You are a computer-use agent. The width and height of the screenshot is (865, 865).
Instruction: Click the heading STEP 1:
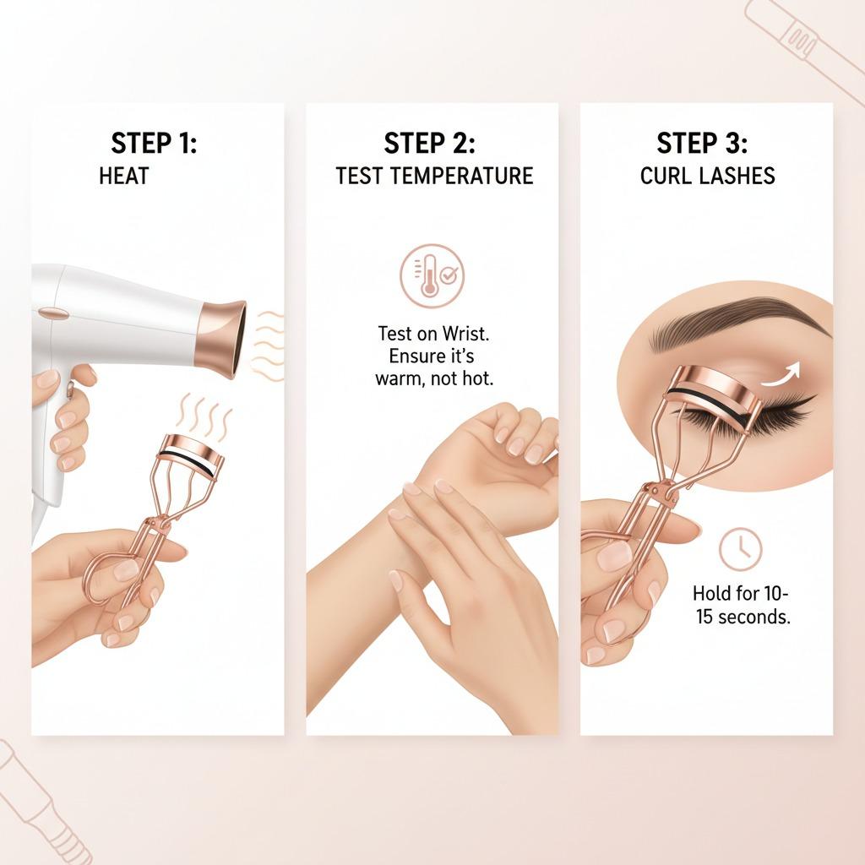(x=154, y=143)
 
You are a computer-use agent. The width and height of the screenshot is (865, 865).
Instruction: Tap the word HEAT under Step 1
(x=123, y=176)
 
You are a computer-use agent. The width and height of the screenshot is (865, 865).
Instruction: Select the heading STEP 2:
(x=429, y=143)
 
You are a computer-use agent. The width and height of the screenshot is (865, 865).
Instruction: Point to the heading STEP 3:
(x=702, y=143)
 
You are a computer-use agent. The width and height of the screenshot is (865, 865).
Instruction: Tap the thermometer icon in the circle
(x=428, y=276)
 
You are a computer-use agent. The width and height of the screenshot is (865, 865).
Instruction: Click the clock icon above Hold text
(x=740, y=549)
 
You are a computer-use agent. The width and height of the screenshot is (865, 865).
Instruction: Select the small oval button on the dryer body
(x=54, y=313)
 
